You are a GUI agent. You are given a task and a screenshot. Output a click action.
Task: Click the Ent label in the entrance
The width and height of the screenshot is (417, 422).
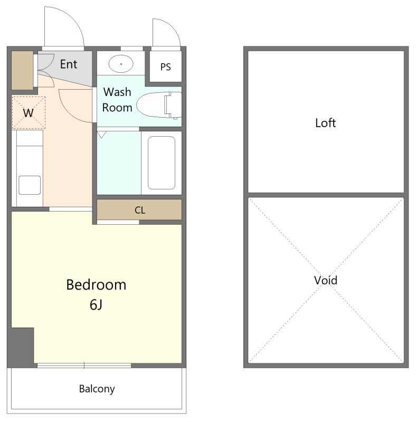69,64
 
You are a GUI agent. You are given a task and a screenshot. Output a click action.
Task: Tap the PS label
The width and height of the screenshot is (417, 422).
165,67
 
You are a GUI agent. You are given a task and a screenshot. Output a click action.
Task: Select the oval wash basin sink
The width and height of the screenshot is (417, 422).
121,64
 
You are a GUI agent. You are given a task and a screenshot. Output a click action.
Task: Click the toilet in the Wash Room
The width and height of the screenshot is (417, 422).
159,105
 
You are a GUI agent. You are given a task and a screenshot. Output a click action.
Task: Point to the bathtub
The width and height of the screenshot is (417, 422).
162,163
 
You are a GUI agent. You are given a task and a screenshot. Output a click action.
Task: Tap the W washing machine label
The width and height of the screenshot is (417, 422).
29,113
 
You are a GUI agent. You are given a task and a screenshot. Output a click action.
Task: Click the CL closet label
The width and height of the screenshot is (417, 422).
140,210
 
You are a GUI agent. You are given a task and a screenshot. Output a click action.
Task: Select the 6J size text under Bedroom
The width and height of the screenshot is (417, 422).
96,305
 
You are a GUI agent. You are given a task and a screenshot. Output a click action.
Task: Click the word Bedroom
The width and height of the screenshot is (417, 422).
96,285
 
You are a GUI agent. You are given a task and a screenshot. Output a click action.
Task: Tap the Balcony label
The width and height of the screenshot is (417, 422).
97,389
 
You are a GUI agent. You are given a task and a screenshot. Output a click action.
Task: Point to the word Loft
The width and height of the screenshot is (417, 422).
325,123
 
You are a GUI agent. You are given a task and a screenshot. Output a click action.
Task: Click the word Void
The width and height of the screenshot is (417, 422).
325,281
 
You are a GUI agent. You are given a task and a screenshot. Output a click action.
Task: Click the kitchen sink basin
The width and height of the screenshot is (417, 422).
30,185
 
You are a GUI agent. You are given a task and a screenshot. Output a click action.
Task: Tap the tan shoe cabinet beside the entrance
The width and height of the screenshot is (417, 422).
22,70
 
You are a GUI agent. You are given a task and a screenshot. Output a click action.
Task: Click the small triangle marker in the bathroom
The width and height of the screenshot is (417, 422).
101,135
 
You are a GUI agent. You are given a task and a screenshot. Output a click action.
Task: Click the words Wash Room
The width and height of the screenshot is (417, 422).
117,100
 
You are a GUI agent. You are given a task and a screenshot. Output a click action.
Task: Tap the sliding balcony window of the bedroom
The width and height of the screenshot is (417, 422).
84,365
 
